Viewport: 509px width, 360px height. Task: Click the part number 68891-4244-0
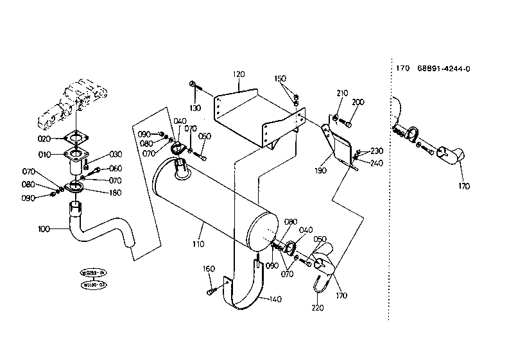pos(444,68)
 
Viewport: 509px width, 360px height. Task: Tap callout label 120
pos(239,74)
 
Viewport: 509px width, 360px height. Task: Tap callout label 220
pos(318,307)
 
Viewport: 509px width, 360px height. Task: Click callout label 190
pos(320,171)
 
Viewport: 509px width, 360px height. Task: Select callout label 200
pos(358,102)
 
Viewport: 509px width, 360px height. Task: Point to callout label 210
pos(341,93)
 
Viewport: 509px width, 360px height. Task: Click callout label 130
pos(196,107)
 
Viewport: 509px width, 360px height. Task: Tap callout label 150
pos(280,78)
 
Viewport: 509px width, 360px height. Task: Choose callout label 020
pos(44,139)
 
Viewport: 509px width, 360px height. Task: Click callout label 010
pos(44,155)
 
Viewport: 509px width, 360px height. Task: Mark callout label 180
pos(116,192)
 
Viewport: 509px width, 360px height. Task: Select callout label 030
pos(116,154)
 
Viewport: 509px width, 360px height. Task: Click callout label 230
pos(377,151)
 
